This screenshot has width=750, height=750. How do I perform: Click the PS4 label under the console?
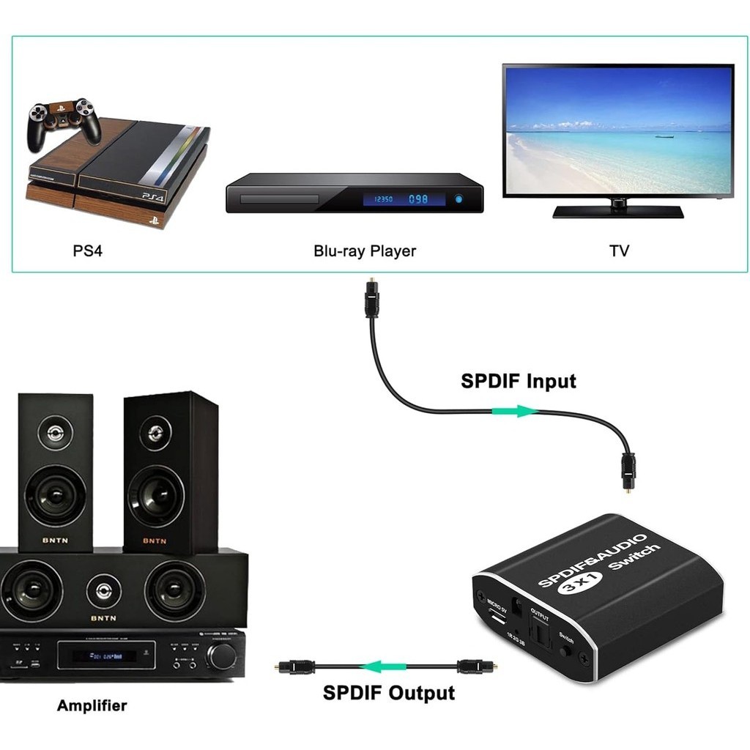[x=88, y=251]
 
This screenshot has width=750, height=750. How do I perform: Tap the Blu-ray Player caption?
[x=364, y=251]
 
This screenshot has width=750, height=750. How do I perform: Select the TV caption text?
[x=619, y=251]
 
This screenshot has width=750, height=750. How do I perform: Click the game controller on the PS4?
[x=64, y=121]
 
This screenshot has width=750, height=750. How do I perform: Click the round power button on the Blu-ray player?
[x=459, y=198]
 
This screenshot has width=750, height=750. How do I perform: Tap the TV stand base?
[x=617, y=212]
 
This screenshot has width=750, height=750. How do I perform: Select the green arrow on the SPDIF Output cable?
[x=386, y=667]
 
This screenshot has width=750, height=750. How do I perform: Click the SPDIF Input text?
[x=518, y=382]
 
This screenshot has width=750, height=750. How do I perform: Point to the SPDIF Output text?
[x=388, y=693]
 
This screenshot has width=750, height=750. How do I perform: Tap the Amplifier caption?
[x=92, y=706]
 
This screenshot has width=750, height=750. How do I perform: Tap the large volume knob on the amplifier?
[x=221, y=656]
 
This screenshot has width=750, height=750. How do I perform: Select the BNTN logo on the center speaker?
[x=103, y=617]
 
